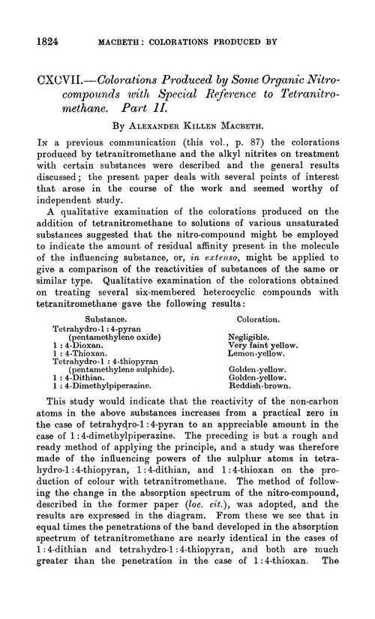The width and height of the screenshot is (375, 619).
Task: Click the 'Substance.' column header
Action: point(102,318)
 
